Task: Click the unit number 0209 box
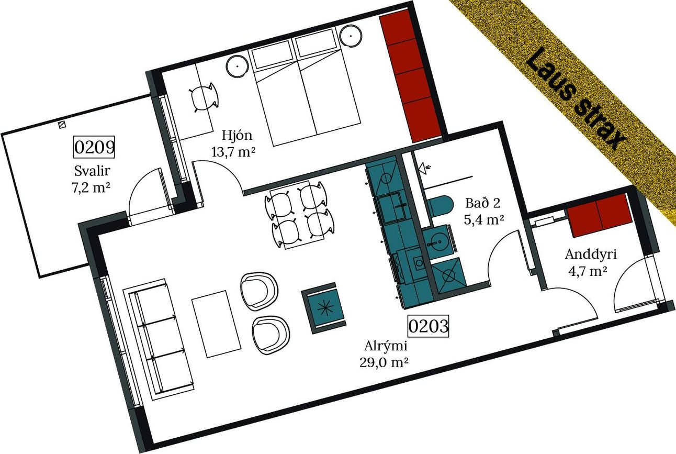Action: pos(94,147)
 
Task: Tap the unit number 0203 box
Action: pos(429,326)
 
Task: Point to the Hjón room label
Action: pos(236,136)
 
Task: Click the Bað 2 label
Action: pos(484,203)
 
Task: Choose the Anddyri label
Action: pos(591,254)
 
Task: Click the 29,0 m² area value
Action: pos(384,362)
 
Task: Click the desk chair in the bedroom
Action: pos(203,97)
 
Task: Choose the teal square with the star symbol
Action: pos(325,307)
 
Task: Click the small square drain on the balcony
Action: pos(62,125)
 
